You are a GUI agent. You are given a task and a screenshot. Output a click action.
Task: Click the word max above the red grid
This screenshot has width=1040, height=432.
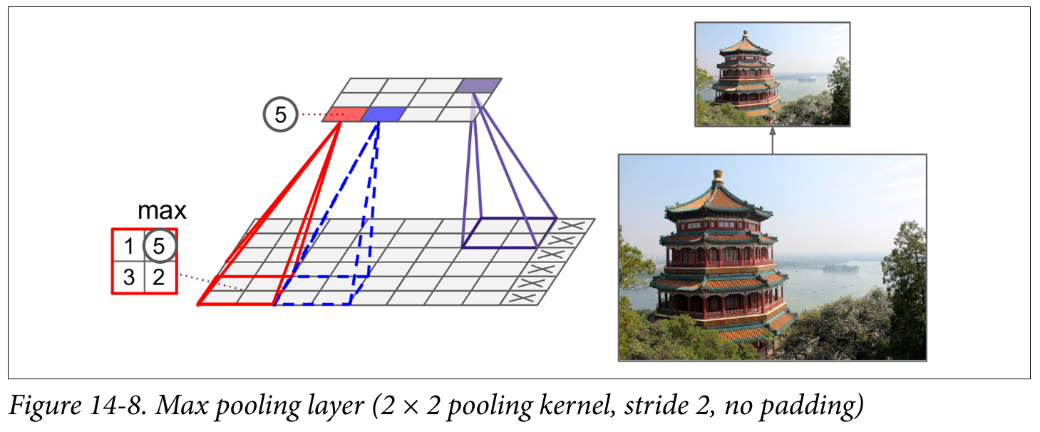tap(162, 211)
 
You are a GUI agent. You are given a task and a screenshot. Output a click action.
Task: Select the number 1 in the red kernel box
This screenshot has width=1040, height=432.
tap(128, 247)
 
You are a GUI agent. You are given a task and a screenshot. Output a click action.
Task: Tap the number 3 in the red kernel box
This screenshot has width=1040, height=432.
tap(128, 277)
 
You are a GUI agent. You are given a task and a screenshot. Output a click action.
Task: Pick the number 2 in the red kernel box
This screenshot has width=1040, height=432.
tap(159, 277)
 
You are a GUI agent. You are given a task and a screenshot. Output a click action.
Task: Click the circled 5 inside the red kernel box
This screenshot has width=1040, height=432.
tap(159, 246)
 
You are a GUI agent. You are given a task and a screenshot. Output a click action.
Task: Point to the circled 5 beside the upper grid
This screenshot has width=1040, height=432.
tap(280, 115)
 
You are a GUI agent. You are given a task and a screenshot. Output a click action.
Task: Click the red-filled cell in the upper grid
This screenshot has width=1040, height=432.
tap(346, 114)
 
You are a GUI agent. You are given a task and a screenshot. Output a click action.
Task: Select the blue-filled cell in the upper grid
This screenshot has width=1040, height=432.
tap(384, 114)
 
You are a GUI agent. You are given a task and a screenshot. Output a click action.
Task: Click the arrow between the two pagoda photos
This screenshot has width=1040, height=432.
tap(772, 140)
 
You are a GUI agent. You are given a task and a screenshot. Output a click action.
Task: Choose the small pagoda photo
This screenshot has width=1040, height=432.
tap(772, 74)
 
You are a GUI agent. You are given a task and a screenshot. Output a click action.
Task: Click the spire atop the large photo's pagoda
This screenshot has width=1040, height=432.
tap(718, 176)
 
